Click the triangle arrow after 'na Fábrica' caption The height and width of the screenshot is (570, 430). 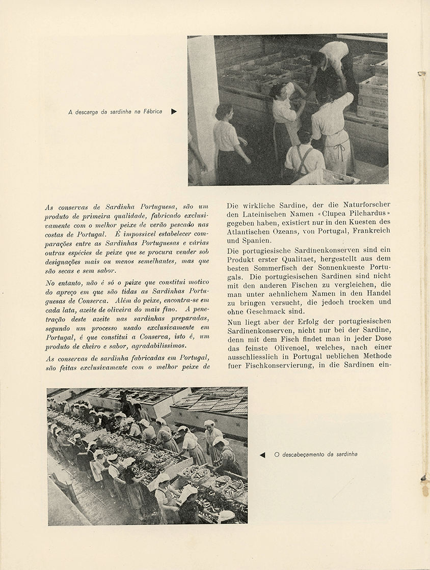click(174, 111)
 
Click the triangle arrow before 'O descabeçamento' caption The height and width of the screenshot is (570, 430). click(262, 454)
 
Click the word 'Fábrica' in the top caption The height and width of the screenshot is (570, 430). click(151, 111)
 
